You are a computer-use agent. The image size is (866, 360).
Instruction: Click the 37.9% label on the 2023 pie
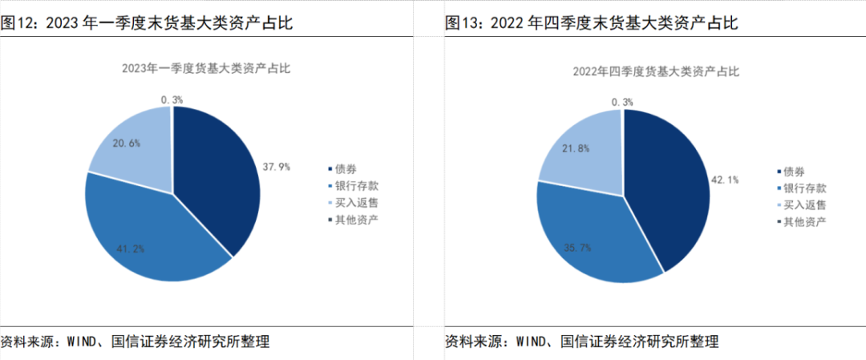(276, 168)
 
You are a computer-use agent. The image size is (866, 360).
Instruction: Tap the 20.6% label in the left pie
(126, 143)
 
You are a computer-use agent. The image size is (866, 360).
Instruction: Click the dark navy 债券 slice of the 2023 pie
(221, 176)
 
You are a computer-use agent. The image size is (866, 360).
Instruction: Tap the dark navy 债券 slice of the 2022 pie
(670, 184)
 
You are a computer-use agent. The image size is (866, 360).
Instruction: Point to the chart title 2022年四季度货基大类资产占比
(655, 71)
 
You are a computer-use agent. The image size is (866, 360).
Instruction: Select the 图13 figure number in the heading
(463, 23)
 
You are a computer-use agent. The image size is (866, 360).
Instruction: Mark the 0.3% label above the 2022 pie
(621, 102)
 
